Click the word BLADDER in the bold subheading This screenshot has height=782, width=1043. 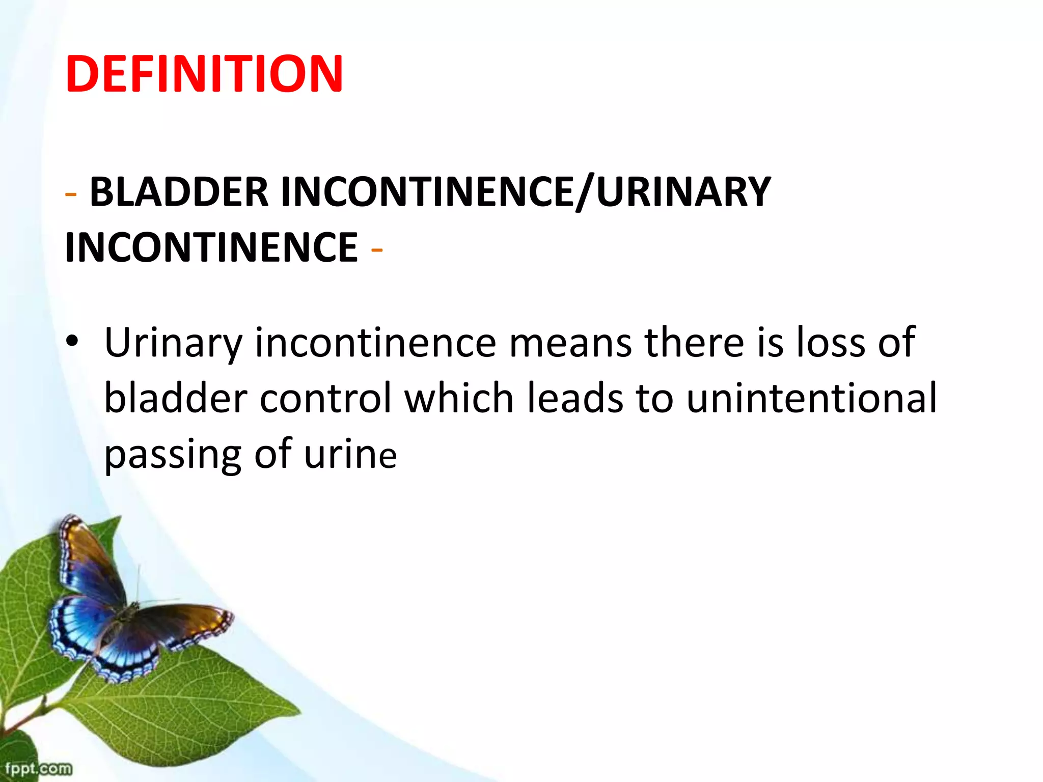click(x=179, y=192)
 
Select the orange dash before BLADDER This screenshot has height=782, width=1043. click(x=71, y=194)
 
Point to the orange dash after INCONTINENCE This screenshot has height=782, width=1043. click(x=377, y=250)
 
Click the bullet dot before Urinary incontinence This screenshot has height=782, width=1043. click(x=72, y=341)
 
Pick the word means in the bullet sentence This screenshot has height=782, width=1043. click(x=570, y=342)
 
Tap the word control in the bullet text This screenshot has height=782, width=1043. click(x=326, y=398)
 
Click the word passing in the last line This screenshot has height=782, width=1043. click(x=173, y=455)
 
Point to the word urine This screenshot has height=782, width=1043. click(x=350, y=455)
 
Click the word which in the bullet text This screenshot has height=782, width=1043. click(x=459, y=398)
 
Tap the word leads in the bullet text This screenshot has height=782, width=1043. click(x=575, y=398)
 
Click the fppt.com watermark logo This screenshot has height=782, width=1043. click(x=38, y=768)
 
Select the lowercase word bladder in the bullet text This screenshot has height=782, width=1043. click(x=176, y=398)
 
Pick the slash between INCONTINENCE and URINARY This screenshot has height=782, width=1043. click(x=585, y=193)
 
